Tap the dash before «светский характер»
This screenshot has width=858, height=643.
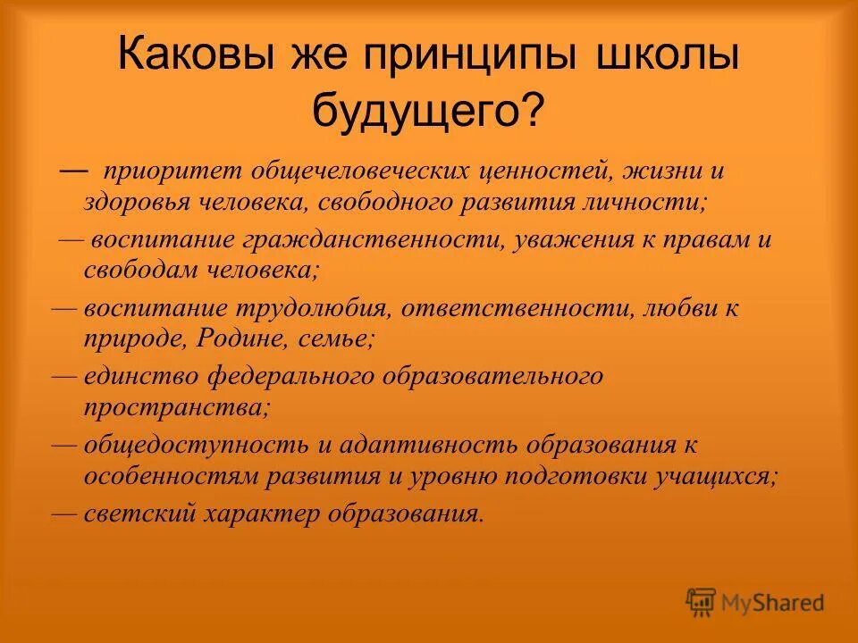(64, 513)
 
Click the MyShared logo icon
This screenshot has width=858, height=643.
(702, 601)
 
